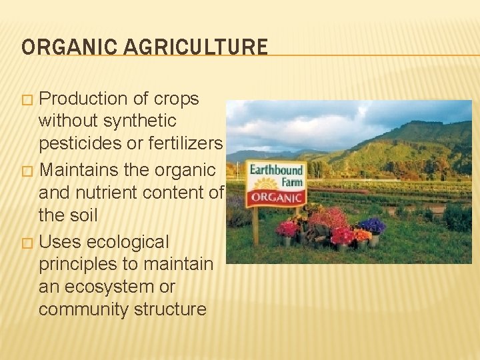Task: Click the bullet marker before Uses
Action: [27, 242]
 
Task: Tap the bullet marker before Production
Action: [27, 99]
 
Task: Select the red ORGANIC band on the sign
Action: [276, 197]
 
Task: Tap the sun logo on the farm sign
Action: [266, 183]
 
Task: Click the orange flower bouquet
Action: [361, 235]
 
